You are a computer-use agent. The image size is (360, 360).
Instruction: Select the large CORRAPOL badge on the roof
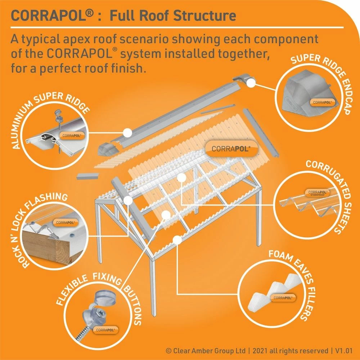tap(231, 148)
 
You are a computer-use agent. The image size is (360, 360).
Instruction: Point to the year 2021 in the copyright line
tap(260, 350)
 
